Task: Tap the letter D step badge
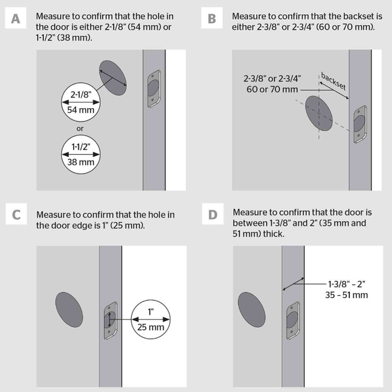212,216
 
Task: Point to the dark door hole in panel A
113,76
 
